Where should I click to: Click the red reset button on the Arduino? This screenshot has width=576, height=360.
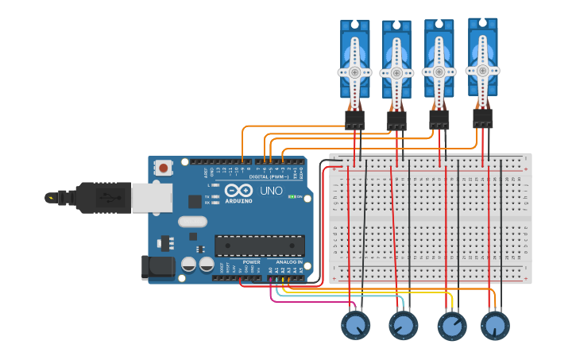163,167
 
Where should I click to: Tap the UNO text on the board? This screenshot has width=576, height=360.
271,192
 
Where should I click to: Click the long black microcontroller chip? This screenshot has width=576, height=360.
260,246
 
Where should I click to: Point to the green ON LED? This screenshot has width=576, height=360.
292,196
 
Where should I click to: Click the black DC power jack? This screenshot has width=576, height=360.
157,267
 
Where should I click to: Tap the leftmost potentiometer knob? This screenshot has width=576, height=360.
355,325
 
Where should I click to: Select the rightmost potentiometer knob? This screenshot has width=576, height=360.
495,325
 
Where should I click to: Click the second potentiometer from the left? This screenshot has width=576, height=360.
403,325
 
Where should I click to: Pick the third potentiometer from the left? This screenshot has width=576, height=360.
452,326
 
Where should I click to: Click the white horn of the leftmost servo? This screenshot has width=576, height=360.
354,72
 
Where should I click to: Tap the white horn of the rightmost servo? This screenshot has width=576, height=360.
482,69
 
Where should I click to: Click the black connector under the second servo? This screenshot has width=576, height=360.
396,121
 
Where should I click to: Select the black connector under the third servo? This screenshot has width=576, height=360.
439,120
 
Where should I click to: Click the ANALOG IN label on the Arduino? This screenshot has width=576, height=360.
288,261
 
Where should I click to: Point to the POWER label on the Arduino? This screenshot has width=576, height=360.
251,261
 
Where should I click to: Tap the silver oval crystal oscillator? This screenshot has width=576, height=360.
192,222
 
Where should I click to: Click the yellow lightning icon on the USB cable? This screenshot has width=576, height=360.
52,197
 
